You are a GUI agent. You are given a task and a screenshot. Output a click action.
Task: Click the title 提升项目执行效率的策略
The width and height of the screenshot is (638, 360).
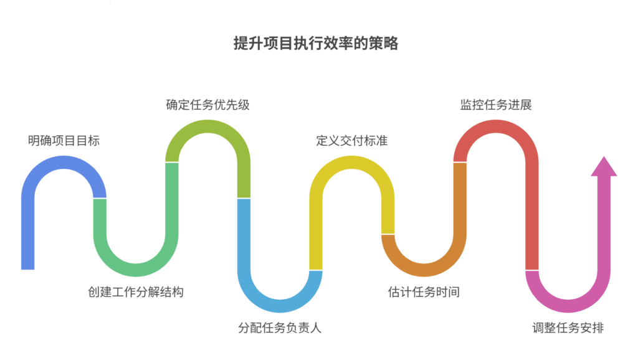[x=316, y=44]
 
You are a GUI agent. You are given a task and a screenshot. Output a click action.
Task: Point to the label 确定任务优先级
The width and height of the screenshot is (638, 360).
[x=207, y=105]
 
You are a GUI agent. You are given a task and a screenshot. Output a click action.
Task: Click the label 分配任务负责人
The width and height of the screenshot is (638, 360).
[x=280, y=328]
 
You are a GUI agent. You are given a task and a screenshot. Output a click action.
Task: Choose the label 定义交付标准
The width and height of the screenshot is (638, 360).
[x=351, y=140]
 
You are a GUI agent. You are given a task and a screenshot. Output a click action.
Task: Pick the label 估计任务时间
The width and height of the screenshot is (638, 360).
[x=424, y=291]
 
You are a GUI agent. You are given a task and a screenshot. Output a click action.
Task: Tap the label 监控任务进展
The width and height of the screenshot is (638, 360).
[x=496, y=105]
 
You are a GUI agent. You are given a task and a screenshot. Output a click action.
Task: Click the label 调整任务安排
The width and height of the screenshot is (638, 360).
[x=568, y=328]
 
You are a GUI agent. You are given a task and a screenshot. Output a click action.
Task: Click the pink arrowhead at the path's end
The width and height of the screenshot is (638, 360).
[x=604, y=167]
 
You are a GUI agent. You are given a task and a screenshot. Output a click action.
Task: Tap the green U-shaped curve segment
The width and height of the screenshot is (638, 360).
[x=135, y=269]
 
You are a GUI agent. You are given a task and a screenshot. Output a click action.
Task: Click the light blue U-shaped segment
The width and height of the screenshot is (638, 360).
[x=280, y=305]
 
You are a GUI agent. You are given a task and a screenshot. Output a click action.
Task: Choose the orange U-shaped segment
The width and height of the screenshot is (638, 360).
[x=424, y=269]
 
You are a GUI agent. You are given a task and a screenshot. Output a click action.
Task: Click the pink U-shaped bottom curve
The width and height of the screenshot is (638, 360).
[x=568, y=305]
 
